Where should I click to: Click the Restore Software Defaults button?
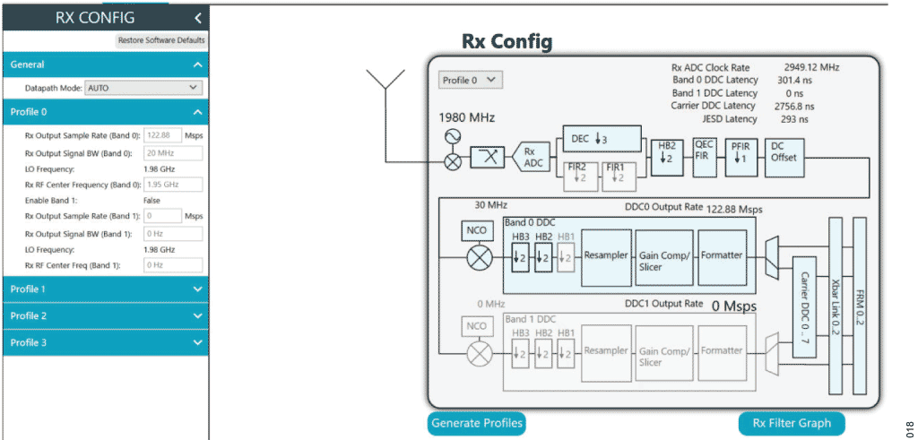(x=161, y=40)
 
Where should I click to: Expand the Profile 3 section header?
(x=105, y=342)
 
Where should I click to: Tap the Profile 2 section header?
(x=105, y=315)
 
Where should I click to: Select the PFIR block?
(x=740, y=151)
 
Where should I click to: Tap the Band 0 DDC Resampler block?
(x=606, y=255)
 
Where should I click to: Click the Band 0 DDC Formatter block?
(x=722, y=255)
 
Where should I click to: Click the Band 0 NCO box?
(x=477, y=230)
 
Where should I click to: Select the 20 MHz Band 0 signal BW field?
(x=173, y=152)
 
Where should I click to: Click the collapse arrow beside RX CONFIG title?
(x=197, y=17)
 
